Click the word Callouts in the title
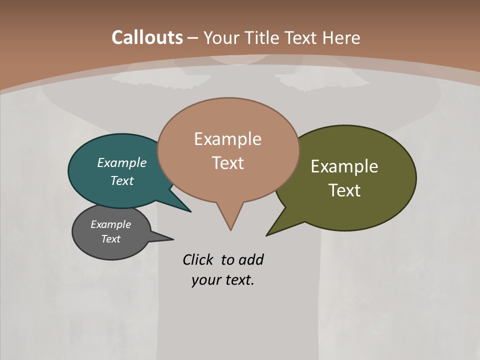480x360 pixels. point(147,37)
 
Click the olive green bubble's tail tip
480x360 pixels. point(267,235)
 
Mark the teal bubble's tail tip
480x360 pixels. point(190,211)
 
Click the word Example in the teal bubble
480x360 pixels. point(122,162)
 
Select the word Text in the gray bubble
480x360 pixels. point(111,239)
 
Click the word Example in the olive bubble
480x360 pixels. point(344,166)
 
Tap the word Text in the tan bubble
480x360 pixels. point(228,163)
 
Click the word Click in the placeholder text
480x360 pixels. point(198,260)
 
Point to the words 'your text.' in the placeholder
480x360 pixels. point(223,280)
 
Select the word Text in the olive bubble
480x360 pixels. point(344,190)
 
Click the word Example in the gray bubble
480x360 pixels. point(111,224)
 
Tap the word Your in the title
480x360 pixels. point(220,37)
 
